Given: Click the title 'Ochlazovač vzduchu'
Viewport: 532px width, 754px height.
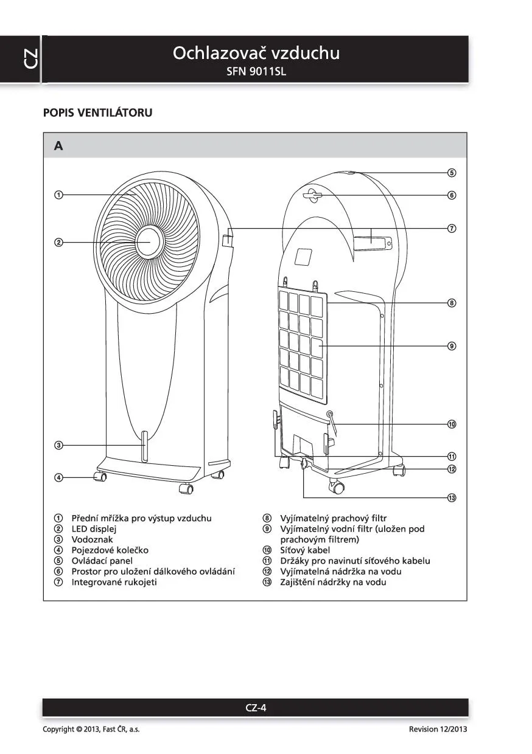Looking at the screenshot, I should coord(256,53).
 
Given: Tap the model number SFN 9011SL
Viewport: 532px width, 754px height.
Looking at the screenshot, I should coord(256,71).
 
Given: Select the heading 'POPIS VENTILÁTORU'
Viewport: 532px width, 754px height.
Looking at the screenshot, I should coord(97,112).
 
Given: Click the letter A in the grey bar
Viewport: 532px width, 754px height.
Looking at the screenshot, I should coord(58,146).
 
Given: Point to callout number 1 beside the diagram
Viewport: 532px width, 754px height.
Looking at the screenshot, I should coord(58,195).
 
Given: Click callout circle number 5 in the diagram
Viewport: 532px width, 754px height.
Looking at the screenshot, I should coord(452,173).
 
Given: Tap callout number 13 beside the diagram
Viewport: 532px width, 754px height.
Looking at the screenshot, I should coord(452,498).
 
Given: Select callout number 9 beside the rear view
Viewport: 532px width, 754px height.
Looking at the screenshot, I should coord(452,346).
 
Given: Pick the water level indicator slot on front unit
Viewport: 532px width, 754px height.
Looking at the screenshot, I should coord(145,446).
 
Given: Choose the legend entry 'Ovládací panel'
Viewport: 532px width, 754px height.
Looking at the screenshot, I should coord(102,561).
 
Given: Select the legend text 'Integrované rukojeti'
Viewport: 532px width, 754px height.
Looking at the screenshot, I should coord(114,582).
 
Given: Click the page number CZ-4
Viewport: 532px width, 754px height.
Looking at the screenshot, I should coord(256,707).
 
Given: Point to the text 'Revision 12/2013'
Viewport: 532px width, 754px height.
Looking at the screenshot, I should coord(438,729).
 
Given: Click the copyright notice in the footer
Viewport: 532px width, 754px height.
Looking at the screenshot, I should coord(91,729).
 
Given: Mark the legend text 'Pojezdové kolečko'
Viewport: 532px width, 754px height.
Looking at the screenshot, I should coord(110,550).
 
